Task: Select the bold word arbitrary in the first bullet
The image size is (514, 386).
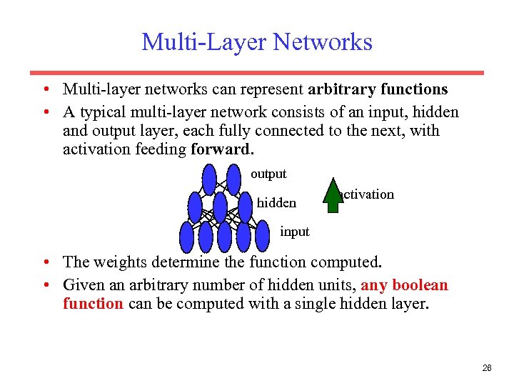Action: point(340,89)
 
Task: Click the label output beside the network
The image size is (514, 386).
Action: point(268,174)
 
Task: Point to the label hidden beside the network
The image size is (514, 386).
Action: point(276,203)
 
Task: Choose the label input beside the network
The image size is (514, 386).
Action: point(294,232)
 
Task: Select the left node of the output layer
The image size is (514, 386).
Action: point(208,179)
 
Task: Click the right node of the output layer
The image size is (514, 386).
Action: point(233,179)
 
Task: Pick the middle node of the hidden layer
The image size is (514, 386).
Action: point(220,208)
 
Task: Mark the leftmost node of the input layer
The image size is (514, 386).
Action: point(187,236)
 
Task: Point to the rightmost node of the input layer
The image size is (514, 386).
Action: point(262,236)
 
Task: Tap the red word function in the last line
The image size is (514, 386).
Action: point(93,303)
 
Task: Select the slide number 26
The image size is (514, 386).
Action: point(487,368)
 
